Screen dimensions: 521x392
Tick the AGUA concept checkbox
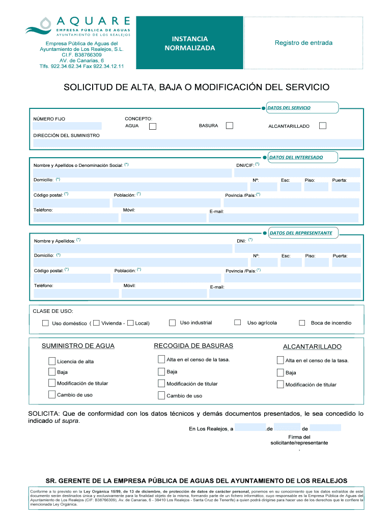(x=153, y=126)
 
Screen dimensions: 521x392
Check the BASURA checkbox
(x=230, y=126)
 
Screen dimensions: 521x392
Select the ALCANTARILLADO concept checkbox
(x=322, y=126)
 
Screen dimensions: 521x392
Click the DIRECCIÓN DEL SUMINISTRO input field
(x=198, y=143)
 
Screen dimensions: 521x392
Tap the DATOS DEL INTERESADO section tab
(x=296, y=157)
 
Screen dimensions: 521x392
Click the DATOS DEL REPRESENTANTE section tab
(x=300, y=233)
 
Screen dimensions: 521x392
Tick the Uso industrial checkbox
(x=172, y=323)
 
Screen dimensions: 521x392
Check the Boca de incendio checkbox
(x=302, y=323)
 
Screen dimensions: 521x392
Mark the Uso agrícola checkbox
(x=237, y=323)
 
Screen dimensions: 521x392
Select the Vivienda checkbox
(x=96, y=323)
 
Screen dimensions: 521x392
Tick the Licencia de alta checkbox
(x=52, y=361)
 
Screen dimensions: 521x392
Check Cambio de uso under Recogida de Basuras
(x=161, y=395)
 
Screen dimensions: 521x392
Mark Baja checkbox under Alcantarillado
(x=280, y=372)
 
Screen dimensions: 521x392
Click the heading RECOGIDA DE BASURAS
(x=193, y=346)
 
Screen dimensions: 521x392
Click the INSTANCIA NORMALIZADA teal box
(x=190, y=43)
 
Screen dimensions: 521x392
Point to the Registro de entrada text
(x=303, y=43)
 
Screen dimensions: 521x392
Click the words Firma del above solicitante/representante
(x=299, y=437)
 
